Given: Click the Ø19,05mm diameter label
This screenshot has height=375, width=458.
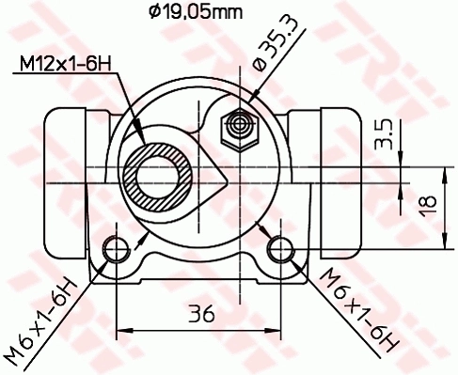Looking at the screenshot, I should tap(196, 12).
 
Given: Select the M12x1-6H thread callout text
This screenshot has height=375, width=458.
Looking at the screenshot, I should tap(62, 64).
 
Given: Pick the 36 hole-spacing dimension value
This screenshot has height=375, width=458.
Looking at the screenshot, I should tap(198, 315).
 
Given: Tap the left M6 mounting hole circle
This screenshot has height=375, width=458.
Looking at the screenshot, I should tap(116, 248).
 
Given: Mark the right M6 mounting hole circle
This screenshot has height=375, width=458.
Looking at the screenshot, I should tap(279, 248).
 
